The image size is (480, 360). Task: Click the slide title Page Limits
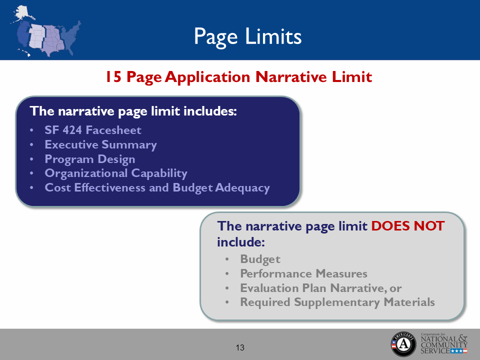click(247, 36)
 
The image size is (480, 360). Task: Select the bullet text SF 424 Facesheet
click(93, 130)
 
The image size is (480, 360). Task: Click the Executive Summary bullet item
click(100, 145)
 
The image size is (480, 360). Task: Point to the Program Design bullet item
click(90, 159)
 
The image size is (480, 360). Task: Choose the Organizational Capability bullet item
click(116, 173)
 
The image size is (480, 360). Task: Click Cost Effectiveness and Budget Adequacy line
click(157, 188)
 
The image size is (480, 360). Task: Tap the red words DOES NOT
click(407, 226)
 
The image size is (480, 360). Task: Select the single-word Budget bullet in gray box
click(260, 259)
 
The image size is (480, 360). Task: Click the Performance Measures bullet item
click(303, 273)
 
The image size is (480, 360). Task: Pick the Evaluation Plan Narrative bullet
click(320, 288)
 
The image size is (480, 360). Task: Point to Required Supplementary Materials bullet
click(337, 302)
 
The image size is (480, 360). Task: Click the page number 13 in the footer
click(240, 347)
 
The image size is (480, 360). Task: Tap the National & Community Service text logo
click(443, 343)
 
